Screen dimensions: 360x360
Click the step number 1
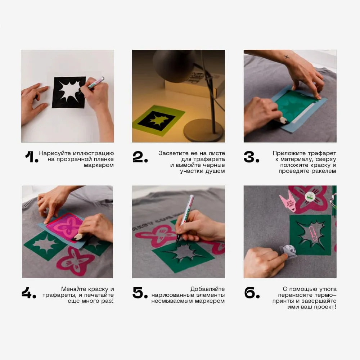coord(31,157)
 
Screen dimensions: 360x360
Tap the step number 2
coord(140,157)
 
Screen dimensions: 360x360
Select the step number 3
coord(251,157)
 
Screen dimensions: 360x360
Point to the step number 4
coord(29,293)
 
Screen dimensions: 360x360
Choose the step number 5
coord(140,293)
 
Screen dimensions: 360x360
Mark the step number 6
coord(252,293)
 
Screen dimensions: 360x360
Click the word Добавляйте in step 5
coord(208,289)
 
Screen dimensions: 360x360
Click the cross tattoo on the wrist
coord(287,57)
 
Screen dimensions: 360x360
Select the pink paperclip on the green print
coord(314,234)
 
